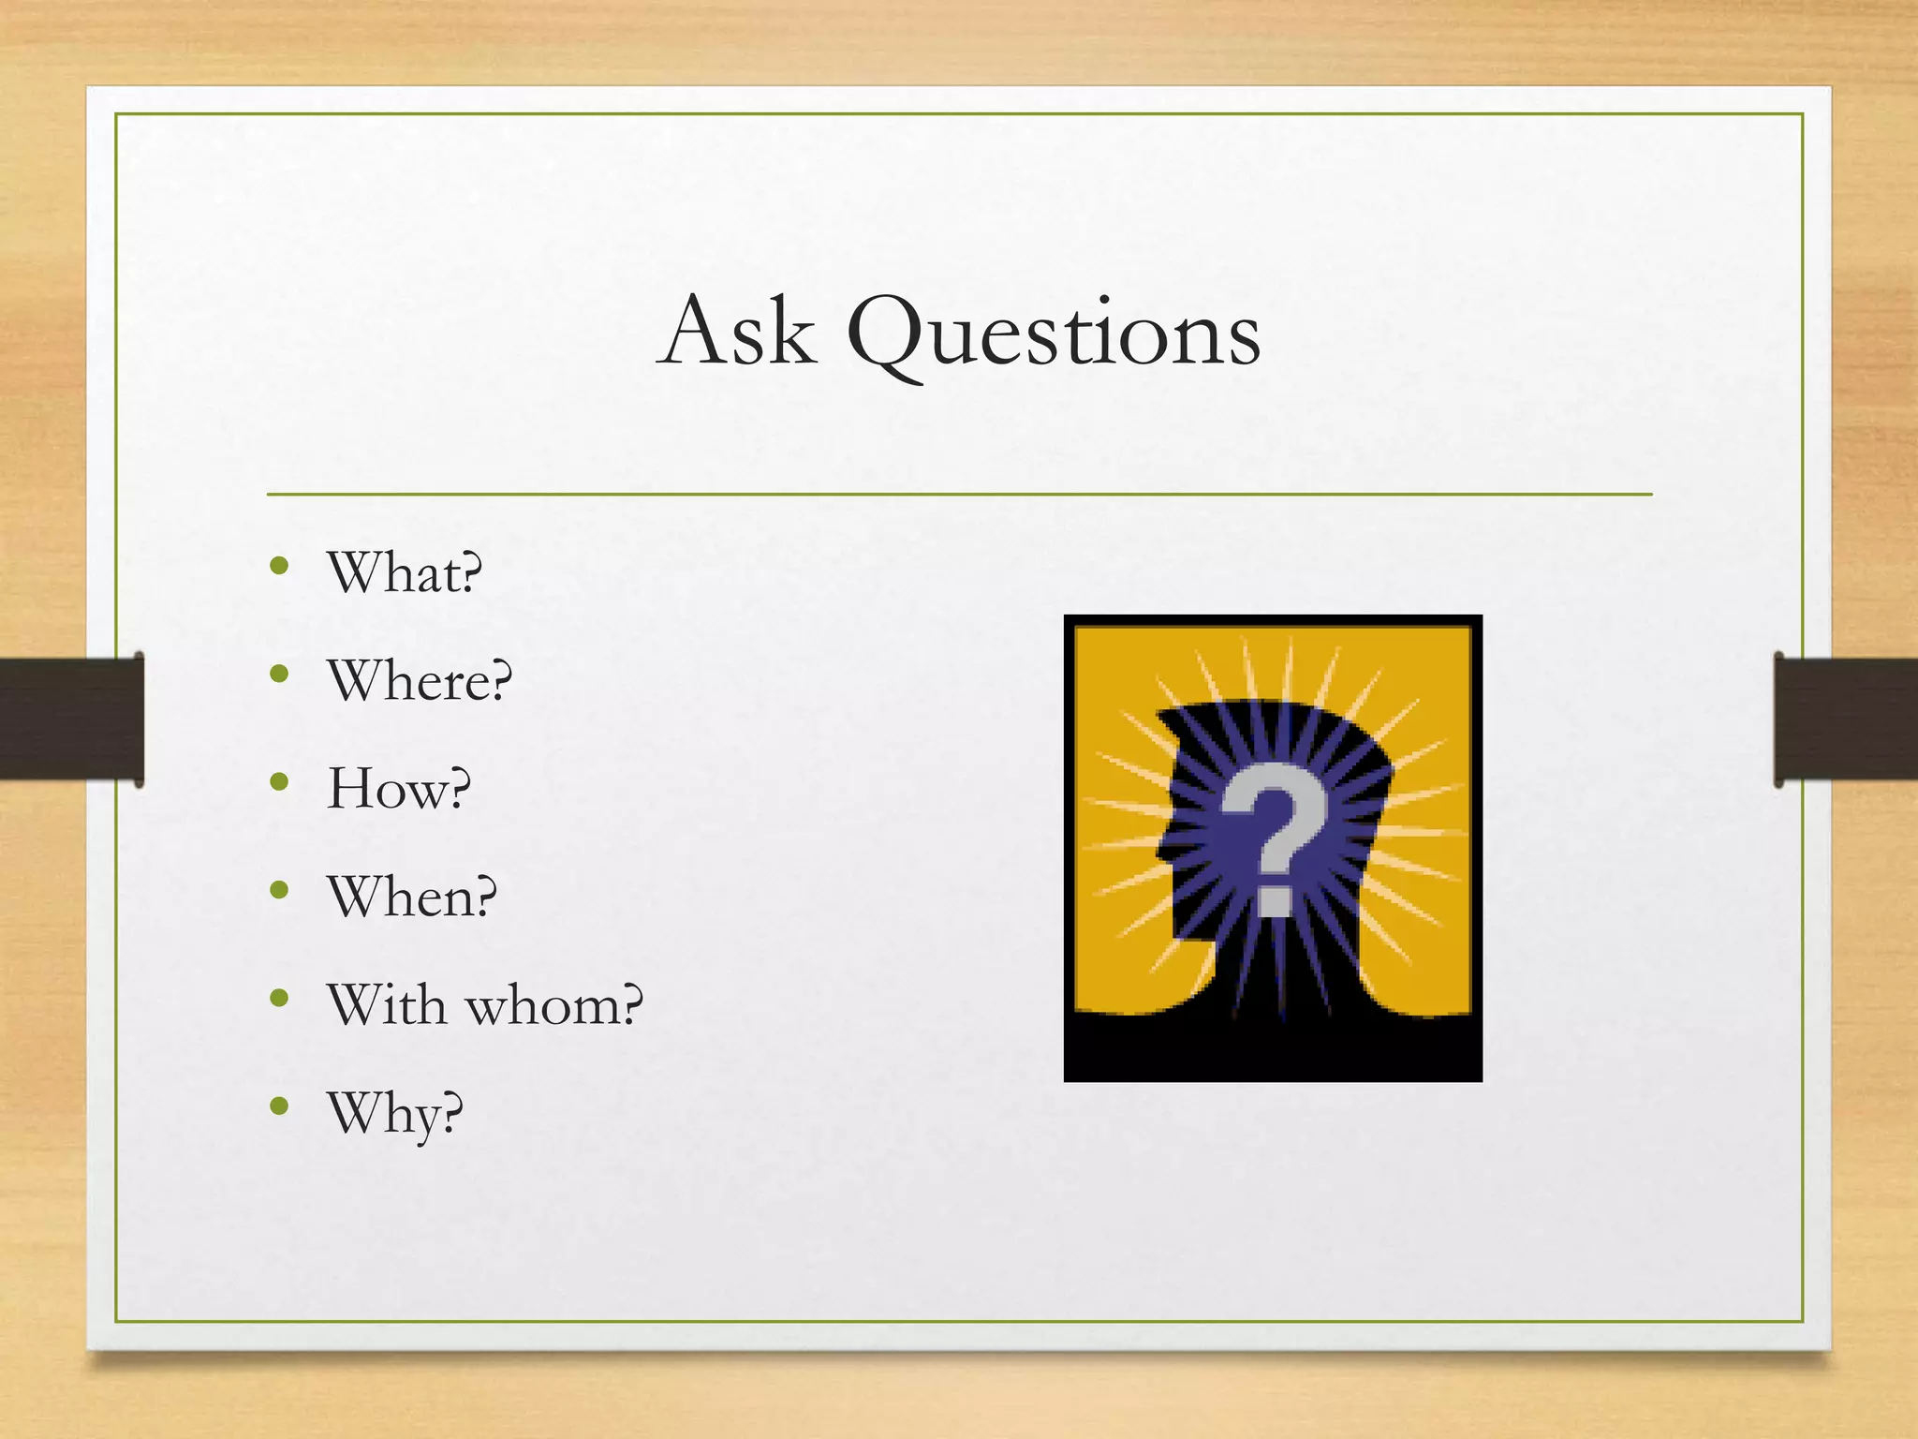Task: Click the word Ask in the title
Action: point(736,333)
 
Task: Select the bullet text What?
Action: point(405,572)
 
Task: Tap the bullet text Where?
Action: point(420,680)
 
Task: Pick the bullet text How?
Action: point(399,789)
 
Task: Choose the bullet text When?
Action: point(412,897)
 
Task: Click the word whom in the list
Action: point(554,1005)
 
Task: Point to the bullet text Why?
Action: point(395,1114)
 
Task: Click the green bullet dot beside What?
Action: point(279,565)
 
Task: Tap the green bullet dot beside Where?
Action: point(279,674)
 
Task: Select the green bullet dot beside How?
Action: point(279,781)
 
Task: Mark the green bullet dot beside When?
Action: point(279,890)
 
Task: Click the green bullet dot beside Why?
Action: point(279,1106)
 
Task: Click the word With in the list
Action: point(387,1005)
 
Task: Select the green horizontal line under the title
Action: point(959,494)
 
